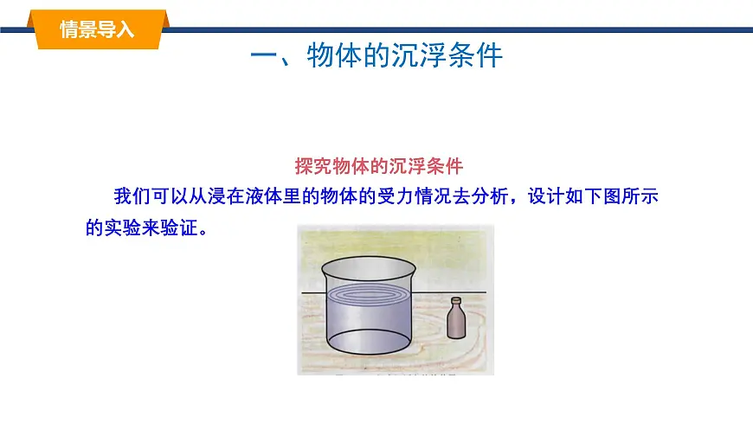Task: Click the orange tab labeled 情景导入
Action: point(97,29)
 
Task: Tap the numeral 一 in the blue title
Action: point(263,56)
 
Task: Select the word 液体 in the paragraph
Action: point(285,195)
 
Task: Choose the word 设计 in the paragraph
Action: point(551,195)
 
